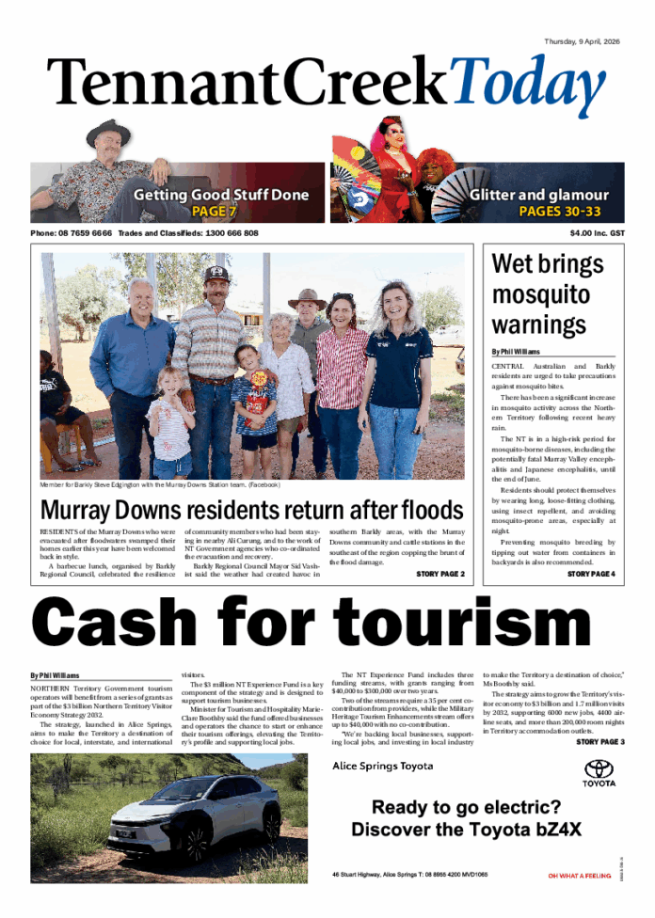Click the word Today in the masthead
(528, 85)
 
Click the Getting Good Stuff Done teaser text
(220, 195)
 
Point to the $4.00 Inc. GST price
(597, 233)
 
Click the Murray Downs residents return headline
(251, 511)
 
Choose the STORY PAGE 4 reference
(590, 574)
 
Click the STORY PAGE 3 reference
(599, 742)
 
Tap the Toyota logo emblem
(599, 768)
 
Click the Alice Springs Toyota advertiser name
(383, 766)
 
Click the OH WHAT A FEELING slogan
(579, 876)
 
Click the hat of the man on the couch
(108, 133)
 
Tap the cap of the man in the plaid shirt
(217, 273)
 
